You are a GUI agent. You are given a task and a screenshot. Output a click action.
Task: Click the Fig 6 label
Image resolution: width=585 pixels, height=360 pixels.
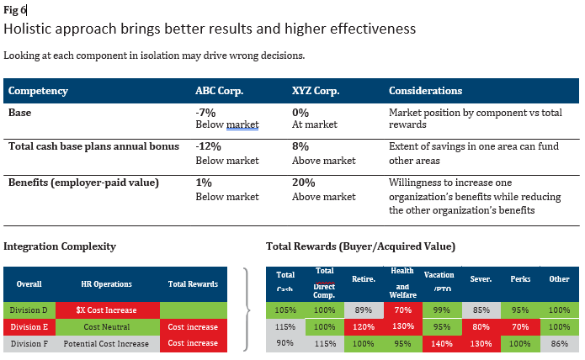[15, 10]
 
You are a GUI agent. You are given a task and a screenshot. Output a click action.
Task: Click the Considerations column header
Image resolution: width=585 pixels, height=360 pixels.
[425, 90]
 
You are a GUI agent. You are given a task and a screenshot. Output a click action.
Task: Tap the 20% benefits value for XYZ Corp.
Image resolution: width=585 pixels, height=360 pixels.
[303, 183]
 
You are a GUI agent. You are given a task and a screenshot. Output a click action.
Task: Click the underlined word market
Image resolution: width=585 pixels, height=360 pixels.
[242, 125]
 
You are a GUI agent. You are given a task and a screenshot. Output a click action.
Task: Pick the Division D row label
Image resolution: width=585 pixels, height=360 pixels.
[29, 310]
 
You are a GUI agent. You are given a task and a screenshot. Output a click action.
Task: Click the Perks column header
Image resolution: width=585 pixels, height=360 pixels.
[521, 278]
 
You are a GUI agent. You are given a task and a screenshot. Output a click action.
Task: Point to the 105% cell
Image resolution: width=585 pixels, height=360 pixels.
[285, 310]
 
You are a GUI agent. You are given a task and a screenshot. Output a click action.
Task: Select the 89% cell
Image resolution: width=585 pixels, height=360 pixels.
[363, 310]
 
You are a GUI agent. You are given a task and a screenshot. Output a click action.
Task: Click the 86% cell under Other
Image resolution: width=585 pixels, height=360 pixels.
[558, 343]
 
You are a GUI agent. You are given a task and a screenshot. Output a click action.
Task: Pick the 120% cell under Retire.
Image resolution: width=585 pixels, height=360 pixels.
[363, 326]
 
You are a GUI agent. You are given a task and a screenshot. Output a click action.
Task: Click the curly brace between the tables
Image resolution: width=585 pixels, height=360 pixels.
[246, 309]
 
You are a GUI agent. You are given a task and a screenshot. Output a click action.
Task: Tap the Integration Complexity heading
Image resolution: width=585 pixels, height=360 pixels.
[60, 246]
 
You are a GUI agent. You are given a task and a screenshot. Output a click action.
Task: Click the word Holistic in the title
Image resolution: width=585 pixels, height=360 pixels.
[29, 29]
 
